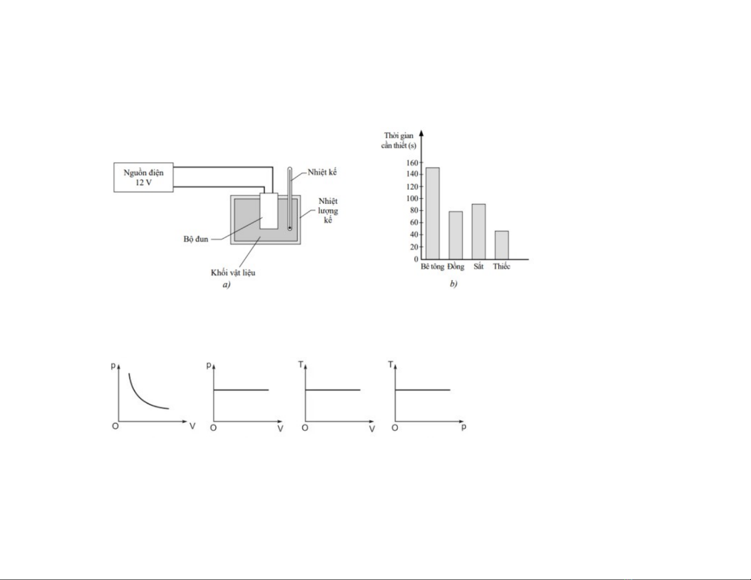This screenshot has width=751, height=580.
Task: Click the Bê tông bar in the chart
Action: (432, 213)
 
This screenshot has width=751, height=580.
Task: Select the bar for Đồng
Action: (455, 235)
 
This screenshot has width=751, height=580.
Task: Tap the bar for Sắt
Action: (479, 232)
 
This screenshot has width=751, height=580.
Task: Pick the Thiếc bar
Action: (502, 245)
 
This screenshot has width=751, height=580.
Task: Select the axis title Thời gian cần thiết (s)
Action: (399, 141)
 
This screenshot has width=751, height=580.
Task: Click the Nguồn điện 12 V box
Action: (144, 178)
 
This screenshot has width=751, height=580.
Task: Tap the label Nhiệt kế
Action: (322, 172)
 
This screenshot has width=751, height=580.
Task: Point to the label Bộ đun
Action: (196, 239)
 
